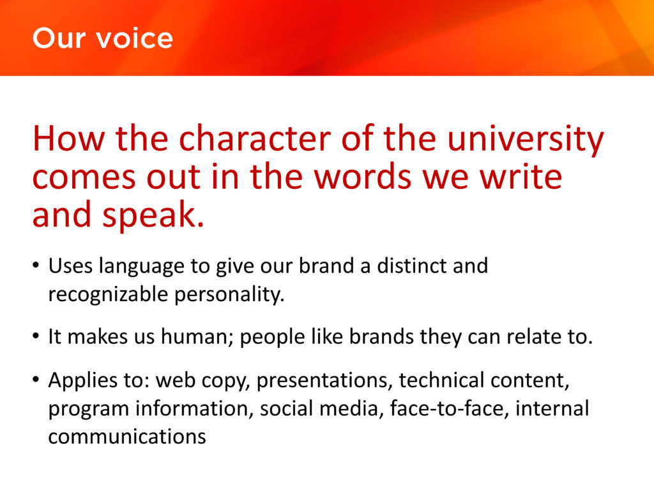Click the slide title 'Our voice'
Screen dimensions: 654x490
tap(103, 38)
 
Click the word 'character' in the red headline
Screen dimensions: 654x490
tap(255, 138)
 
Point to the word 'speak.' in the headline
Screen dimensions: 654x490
tap(153, 216)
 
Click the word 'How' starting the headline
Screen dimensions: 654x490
tap(68, 138)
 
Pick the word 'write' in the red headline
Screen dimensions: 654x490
tap(521, 177)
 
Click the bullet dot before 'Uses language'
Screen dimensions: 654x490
tap(36, 265)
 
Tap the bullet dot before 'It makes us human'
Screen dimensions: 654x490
tap(36, 336)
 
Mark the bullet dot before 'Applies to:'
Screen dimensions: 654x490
tap(36, 380)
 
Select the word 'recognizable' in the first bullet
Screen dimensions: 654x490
tap(108, 295)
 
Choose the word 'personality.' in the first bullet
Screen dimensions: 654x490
tap(229, 295)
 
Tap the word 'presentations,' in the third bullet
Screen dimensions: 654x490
tap(324, 381)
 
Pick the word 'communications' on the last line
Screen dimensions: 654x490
tap(127, 436)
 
